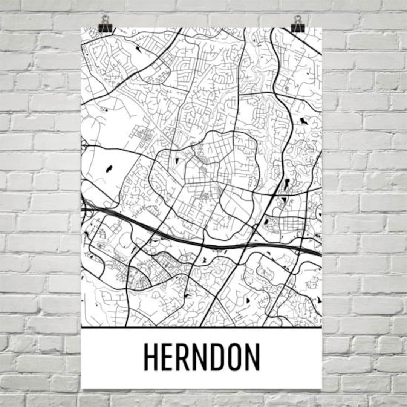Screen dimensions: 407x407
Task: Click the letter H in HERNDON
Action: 151,357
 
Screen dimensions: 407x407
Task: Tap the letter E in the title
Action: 168,357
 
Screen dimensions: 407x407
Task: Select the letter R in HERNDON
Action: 185,357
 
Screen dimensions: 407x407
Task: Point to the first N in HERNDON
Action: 202,357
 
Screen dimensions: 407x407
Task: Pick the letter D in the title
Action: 220,357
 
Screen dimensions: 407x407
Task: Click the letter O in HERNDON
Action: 237,357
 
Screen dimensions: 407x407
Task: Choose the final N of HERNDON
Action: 254,357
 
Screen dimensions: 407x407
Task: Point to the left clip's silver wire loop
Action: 105,19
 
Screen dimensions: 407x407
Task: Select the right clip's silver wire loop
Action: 298,19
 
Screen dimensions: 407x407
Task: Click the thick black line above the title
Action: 202,327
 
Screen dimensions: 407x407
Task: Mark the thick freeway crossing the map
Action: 211,245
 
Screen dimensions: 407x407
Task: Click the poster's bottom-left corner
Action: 82,388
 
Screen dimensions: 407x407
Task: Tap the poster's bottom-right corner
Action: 321,388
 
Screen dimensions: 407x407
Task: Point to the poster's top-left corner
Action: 81,28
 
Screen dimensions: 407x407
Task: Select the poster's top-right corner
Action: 321,28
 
